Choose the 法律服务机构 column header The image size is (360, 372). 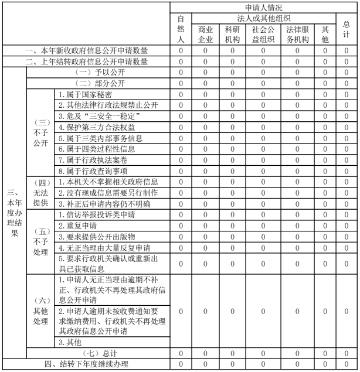click(297, 34)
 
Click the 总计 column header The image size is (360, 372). click(347, 29)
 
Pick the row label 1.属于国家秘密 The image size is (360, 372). click(85, 93)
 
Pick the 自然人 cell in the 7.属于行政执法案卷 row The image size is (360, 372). click(181, 159)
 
